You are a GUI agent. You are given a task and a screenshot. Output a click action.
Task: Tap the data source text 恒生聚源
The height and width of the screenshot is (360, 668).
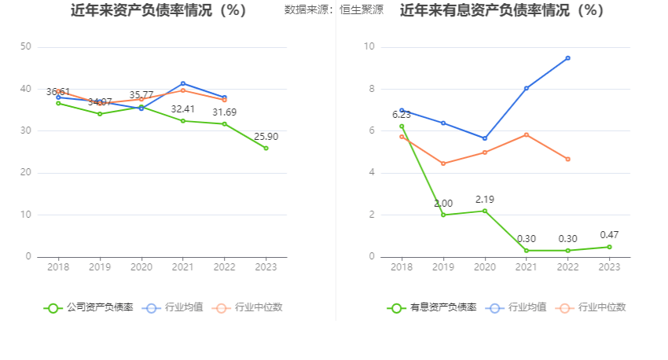(x=362, y=11)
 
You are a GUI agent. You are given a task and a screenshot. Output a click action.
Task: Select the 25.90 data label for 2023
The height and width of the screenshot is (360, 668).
(x=266, y=137)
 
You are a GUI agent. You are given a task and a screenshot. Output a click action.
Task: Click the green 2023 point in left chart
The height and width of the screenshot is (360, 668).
(x=266, y=148)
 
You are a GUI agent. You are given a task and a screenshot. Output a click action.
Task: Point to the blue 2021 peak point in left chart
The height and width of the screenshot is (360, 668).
(x=183, y=83)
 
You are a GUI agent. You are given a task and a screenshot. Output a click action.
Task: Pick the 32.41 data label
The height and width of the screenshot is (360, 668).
(x=183, y=109)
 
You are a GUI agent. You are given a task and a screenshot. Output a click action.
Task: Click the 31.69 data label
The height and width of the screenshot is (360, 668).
(x=225, y=112)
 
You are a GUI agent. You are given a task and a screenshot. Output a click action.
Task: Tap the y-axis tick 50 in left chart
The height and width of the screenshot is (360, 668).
(x=26, y=47)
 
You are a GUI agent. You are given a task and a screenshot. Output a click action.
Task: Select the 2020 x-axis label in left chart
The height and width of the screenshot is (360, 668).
(x=141, y=267)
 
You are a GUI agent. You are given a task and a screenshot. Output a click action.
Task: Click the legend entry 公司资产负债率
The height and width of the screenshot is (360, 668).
(x=89, y=307)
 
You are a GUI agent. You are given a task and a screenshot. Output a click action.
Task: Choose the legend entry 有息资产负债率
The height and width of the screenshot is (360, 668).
(x=432, y=307)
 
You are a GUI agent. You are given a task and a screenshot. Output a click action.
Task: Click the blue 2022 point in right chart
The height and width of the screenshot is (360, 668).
(x=567, y=58)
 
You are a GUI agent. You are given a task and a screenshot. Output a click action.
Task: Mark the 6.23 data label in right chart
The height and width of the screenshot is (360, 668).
(x=402, y=115)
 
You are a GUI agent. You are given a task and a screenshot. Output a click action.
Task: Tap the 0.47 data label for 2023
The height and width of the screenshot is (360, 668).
(x=609, y=235)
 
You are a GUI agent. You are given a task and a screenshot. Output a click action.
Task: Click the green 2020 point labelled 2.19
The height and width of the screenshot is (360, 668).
(x=485, y=211)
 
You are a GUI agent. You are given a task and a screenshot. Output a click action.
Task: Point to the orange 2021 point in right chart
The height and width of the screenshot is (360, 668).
(x=527, y=134)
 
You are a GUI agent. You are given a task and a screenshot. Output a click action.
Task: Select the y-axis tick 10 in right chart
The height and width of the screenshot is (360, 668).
(x=369, y=47)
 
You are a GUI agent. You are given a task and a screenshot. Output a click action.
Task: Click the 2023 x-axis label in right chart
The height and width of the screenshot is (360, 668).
(x=609, y=267)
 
